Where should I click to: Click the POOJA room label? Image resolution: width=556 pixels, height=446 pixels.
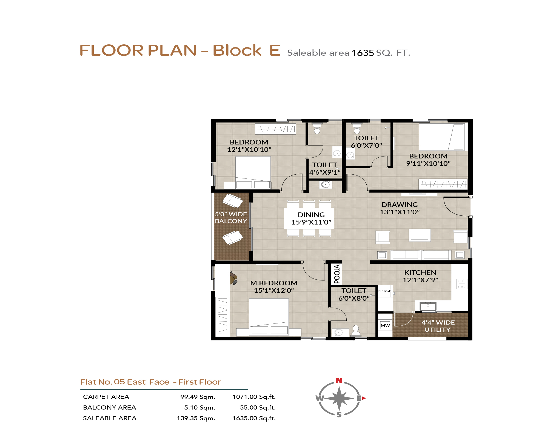coord(337,274)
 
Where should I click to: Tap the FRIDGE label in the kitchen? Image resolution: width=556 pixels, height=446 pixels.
coord(385,291)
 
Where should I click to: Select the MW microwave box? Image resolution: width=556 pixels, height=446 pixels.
coord(385,325)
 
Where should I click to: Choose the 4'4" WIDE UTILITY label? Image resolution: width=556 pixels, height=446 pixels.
coord(438,326)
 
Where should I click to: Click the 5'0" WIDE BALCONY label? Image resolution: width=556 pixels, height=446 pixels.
coord(231,218)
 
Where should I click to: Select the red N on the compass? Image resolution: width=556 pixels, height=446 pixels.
coord(339,380)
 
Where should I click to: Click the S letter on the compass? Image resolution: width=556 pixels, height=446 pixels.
coord(339,415)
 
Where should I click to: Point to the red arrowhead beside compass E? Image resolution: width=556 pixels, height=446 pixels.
coord(364,398)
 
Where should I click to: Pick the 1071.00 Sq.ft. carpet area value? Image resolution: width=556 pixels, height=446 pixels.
coord(254,397)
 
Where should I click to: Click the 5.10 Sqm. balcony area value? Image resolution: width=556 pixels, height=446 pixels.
coord(199,407)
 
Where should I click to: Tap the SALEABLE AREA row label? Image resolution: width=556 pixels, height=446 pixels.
coord(110,418)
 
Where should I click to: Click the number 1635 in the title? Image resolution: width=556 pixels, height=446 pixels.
coord(363,53)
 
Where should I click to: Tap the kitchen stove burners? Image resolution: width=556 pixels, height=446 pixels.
coord(462,284)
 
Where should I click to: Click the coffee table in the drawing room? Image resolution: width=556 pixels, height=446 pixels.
coord(420,235)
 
